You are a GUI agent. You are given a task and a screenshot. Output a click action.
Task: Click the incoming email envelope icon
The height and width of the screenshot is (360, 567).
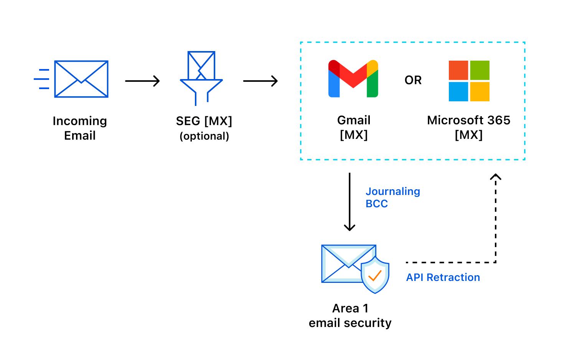(81, 79)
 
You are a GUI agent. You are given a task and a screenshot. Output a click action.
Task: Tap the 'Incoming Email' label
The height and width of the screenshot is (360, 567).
(80, 128)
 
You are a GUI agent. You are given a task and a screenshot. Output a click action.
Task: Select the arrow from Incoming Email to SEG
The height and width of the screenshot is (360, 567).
(142, 81)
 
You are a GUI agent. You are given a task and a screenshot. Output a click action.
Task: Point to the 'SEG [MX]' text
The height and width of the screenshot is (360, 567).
(204, 121)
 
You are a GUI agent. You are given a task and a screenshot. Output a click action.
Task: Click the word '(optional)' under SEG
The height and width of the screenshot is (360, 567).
(204, 136)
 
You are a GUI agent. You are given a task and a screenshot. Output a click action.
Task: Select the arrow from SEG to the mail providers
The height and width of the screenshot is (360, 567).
(260, 81)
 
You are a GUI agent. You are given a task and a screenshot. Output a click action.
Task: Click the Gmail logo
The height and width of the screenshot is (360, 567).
(353, 79)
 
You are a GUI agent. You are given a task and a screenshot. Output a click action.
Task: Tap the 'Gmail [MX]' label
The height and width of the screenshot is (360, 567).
(354, 127)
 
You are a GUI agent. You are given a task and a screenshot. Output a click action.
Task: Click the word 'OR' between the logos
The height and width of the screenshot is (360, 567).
(413, 80)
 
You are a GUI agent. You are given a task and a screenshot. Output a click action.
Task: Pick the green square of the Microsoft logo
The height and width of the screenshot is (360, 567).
(480, 70)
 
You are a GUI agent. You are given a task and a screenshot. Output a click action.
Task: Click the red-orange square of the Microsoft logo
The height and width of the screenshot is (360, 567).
(458, 70)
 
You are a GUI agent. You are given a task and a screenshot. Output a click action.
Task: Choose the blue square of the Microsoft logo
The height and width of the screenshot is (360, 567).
(458, 92)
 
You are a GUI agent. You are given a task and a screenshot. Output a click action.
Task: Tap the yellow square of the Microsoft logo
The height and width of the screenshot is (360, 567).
(480, 92)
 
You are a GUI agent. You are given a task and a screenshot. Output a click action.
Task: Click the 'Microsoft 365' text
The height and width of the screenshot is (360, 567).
(468, 121)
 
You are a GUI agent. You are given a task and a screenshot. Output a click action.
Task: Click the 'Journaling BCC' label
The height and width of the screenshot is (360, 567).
(392, 197)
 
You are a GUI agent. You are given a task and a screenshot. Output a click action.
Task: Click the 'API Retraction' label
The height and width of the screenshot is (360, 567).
(443, 277)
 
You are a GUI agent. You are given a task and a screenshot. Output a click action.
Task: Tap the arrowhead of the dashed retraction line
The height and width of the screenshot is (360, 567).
(496, 177)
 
